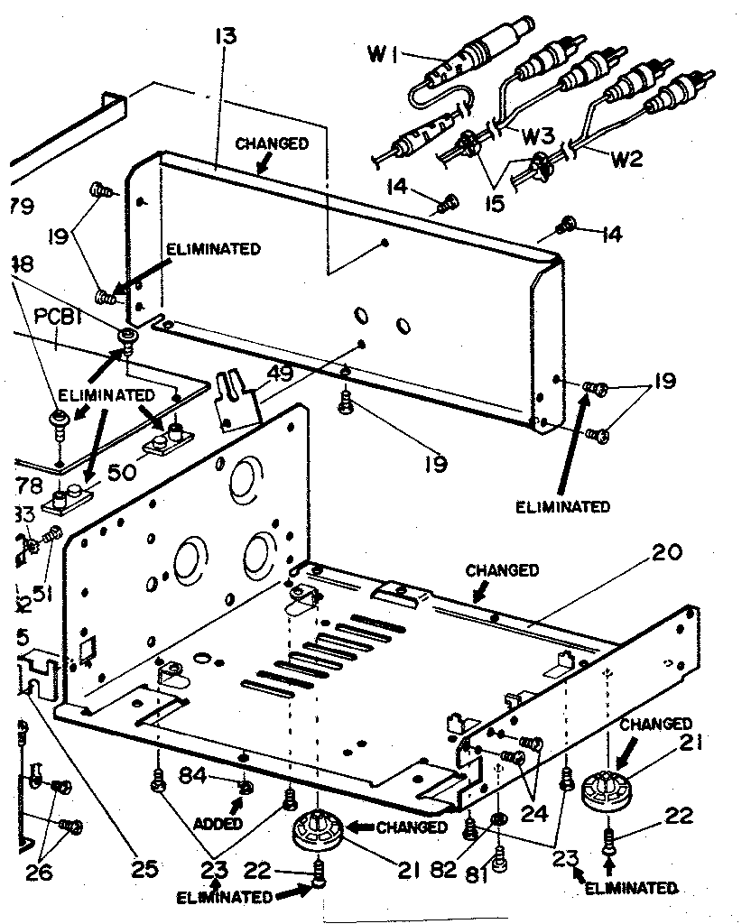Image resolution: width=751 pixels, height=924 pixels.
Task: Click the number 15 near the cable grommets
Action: tap(494, 205)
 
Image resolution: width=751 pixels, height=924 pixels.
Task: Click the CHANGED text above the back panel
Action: tap(272, 143)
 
